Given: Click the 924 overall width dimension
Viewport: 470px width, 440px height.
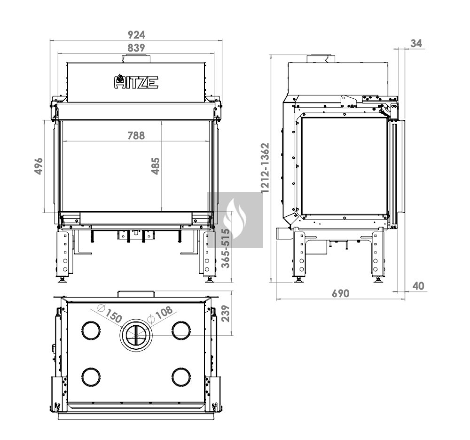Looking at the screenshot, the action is coord(136,35).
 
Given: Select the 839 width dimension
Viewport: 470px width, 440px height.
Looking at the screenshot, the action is coord(136,47).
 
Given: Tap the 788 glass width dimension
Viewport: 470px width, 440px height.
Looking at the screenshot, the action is coord(136,135).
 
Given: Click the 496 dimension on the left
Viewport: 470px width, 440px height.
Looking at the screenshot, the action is coord(39,166).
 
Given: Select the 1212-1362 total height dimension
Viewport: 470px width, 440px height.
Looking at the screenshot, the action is coord(265,168).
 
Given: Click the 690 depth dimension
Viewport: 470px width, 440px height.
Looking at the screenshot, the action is coord(340,293).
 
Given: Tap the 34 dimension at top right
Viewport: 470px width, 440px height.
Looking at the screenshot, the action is coord(416,43).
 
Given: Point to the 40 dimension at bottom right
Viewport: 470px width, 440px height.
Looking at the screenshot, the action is coord(418,286).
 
